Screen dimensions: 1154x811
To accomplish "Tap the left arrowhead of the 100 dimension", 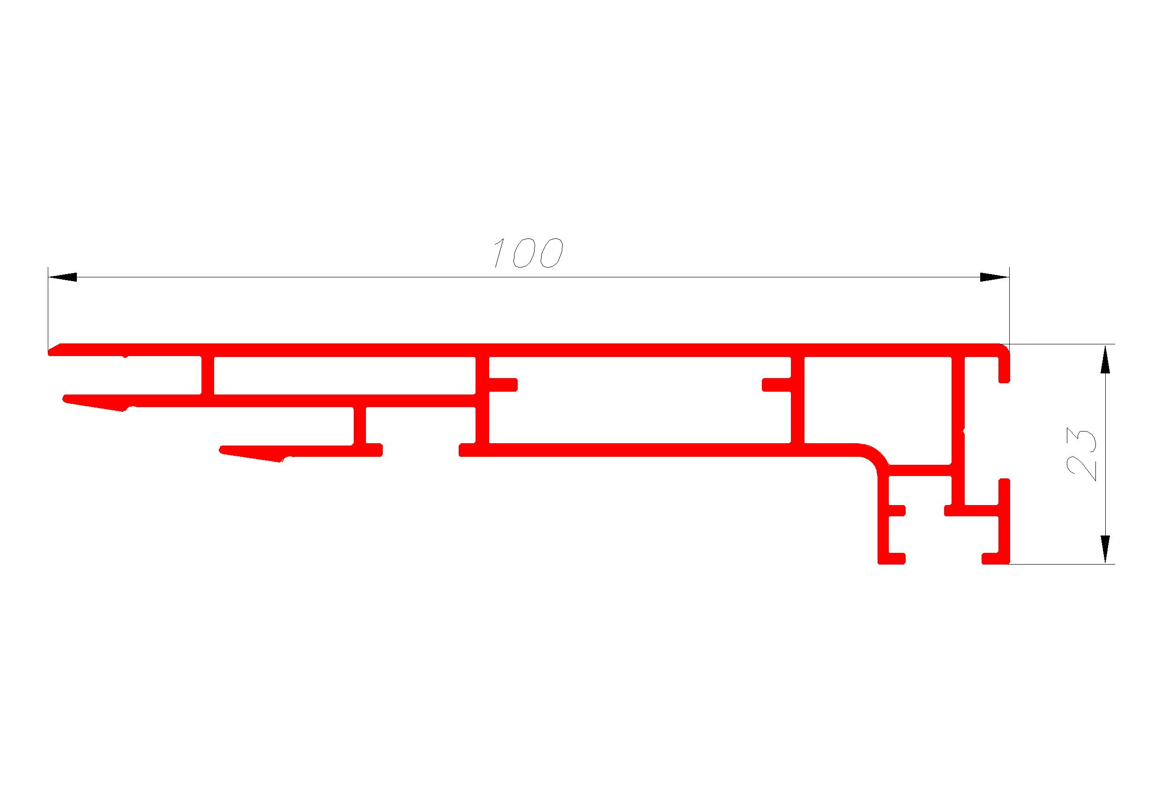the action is click(62, 277).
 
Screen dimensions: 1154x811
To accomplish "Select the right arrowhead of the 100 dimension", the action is click(994, 277).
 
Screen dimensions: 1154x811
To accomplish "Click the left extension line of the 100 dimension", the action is click(48, 310).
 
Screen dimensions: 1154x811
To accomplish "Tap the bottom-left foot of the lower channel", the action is click(892, 558).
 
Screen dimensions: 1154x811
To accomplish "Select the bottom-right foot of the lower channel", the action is click(995, 558).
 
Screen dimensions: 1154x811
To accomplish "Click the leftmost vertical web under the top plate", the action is click(208, 375).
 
